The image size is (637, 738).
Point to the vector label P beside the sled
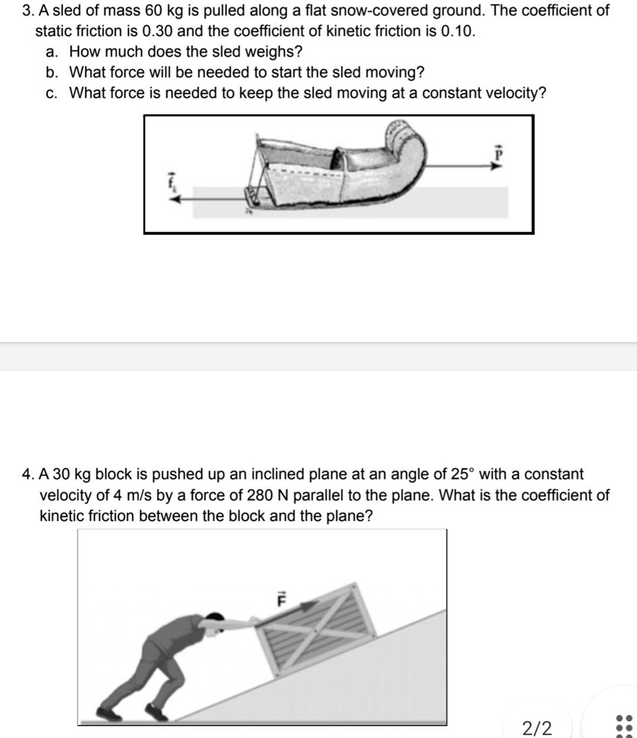[x=498, y=154]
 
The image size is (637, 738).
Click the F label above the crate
[x=284, y=600]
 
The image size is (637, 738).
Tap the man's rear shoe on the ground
[x=110, y=713]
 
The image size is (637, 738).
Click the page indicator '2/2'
[x=537, y=726]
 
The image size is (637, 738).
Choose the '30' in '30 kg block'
[x=61, y=475]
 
